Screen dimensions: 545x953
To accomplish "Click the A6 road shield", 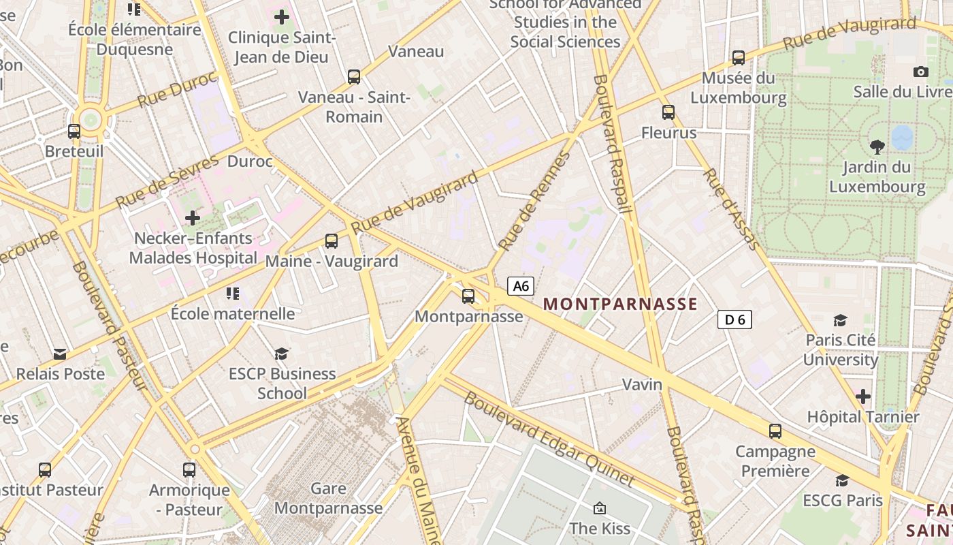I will tap(521, 286).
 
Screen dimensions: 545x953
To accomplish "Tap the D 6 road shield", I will tap(734, 319).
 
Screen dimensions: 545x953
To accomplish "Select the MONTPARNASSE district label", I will tap(620, 304).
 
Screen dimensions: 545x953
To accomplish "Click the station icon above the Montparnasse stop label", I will tap(468, 296).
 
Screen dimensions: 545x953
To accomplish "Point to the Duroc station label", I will tap(250, 161).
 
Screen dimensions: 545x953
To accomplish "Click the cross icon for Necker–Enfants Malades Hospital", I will tap(193, 218).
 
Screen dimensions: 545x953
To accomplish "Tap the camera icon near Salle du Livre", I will tap(920, 72).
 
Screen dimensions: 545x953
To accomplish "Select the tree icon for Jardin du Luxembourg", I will tap(877, 146).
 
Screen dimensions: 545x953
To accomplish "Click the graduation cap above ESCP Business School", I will tap(281, 354).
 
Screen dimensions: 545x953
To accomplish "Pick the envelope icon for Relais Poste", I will tap(60, 354).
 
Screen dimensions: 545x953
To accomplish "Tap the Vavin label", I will tap(642, 385).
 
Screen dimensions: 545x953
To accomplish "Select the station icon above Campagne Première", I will tap(775, 431).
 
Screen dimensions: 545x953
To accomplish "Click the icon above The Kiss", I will tap(600, 508).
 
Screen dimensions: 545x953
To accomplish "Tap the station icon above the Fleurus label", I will tap(668, 112).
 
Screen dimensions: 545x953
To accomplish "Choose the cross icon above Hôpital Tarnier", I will tap(862, 396).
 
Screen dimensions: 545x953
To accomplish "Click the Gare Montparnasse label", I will tap(328, 498).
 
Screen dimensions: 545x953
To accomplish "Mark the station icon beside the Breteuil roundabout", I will tap(74, 131).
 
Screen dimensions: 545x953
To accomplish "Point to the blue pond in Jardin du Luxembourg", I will tap(902, 137).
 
